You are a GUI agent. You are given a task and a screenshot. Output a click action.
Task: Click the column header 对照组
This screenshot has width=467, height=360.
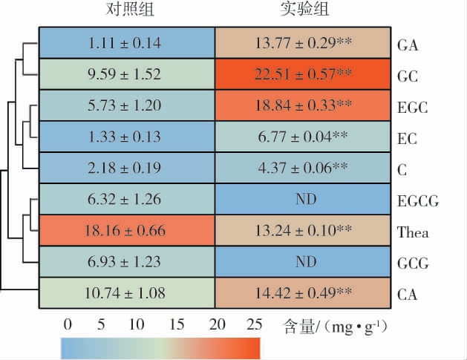click(126, 10)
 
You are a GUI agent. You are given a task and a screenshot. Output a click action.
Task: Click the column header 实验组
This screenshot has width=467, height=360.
click(304, 10)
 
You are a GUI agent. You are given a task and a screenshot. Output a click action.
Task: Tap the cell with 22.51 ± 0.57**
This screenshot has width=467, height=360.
click(303, 75)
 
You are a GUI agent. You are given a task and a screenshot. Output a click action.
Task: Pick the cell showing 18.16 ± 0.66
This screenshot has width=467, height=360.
click(126, 231)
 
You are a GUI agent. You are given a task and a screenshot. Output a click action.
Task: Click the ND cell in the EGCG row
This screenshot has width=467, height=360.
click(303, 199)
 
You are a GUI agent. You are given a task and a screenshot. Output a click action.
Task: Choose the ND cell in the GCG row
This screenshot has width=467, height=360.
click(303, 262)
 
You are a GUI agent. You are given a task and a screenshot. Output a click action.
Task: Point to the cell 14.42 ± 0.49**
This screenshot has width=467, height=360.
click(303, 292)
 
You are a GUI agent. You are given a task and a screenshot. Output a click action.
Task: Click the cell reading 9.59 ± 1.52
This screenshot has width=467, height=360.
click(126, 75)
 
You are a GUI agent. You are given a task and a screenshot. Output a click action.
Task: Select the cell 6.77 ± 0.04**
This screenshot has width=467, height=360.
click(303, 137)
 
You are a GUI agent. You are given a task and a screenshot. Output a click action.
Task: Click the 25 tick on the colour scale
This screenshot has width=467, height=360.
click(253, 324)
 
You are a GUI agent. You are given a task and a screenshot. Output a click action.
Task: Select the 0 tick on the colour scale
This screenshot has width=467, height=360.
click(68, 324)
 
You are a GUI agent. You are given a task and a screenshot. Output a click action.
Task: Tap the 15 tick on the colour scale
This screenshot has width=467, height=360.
click(177, 324)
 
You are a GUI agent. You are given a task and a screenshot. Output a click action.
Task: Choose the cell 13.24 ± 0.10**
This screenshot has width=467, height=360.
click(303, 231)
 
